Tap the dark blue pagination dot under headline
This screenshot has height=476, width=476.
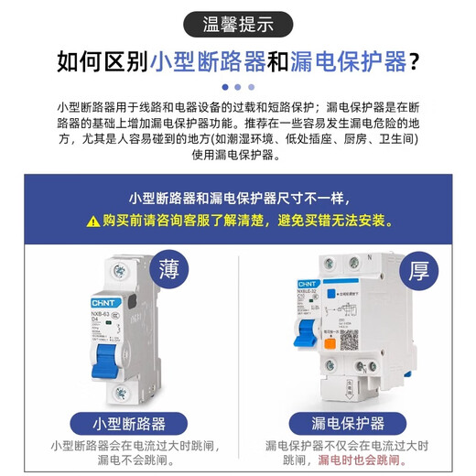coord(222,88)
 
